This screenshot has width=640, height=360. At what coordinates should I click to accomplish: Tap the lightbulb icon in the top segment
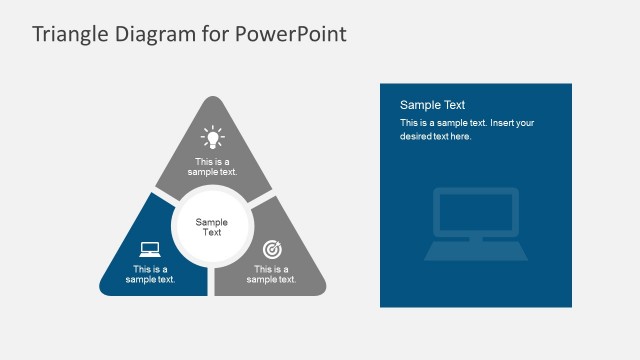pos(211,136)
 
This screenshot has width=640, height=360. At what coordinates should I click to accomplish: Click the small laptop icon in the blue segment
pos(150,249)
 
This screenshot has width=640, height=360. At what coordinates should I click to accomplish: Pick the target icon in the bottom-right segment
pos(271,249)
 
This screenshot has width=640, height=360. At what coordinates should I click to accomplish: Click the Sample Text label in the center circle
pos(211,227)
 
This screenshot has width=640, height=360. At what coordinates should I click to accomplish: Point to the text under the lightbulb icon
pos(211,167)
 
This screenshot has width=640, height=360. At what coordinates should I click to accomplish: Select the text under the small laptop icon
pos(150,274)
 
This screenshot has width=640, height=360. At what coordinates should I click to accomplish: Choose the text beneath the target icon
pos(271,274)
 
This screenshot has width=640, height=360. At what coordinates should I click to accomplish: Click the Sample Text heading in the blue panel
pos(433,105)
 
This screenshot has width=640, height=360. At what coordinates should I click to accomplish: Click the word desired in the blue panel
pos(417,136)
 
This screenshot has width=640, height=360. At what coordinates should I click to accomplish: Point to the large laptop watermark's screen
pos(475,212)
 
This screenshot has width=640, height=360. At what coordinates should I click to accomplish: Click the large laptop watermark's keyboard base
pos(475,250)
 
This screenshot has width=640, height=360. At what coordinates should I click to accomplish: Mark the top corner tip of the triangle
pos(211,98)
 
